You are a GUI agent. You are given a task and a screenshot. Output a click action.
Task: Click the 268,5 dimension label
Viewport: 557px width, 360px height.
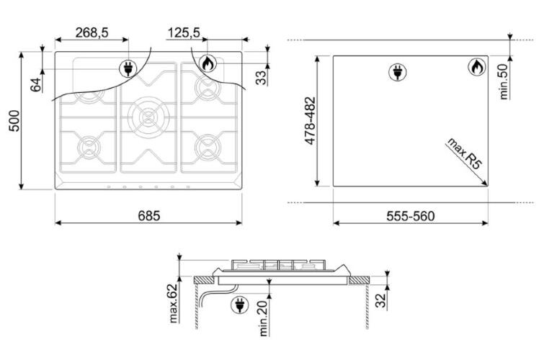click(92, 32)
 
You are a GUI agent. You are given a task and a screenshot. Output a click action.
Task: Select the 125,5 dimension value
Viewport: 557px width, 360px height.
click(184, 32)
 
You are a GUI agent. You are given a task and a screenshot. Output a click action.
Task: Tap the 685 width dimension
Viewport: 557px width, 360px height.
click(149, 215)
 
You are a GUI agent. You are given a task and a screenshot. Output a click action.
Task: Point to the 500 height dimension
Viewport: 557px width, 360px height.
click(15, 121)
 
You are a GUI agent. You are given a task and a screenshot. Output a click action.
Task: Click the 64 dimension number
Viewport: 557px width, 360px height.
click(36, 85)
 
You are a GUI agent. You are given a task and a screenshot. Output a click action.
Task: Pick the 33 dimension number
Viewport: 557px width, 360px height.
click(261, 78)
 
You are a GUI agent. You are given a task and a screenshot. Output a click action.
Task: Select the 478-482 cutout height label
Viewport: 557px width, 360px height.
click(311, 121)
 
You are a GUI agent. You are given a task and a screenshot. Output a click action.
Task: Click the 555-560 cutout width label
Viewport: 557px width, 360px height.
click(410, 216)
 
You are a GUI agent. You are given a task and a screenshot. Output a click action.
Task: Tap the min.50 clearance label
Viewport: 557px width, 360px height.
click(504, 81)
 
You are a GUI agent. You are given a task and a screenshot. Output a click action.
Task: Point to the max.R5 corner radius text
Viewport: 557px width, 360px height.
click(465, 153)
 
